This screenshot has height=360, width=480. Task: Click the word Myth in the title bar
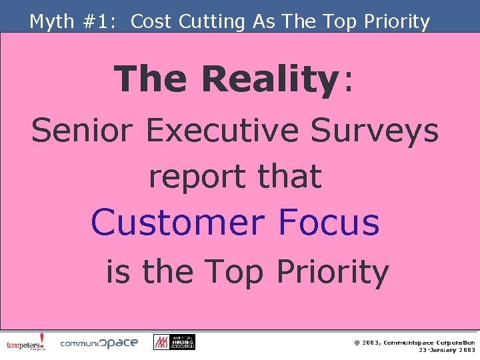tap(52, 22)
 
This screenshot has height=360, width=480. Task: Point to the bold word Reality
tap(270, 79)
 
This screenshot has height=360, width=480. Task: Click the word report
tap(189, 176)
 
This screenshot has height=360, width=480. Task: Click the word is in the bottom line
tap(118, 271)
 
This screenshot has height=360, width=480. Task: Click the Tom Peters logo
tap(26, 343)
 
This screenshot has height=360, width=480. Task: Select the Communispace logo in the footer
tap(99, 343)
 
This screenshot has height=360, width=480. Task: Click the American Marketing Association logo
tap(174, 342)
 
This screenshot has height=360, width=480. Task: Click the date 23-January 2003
tap(446, 350)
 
